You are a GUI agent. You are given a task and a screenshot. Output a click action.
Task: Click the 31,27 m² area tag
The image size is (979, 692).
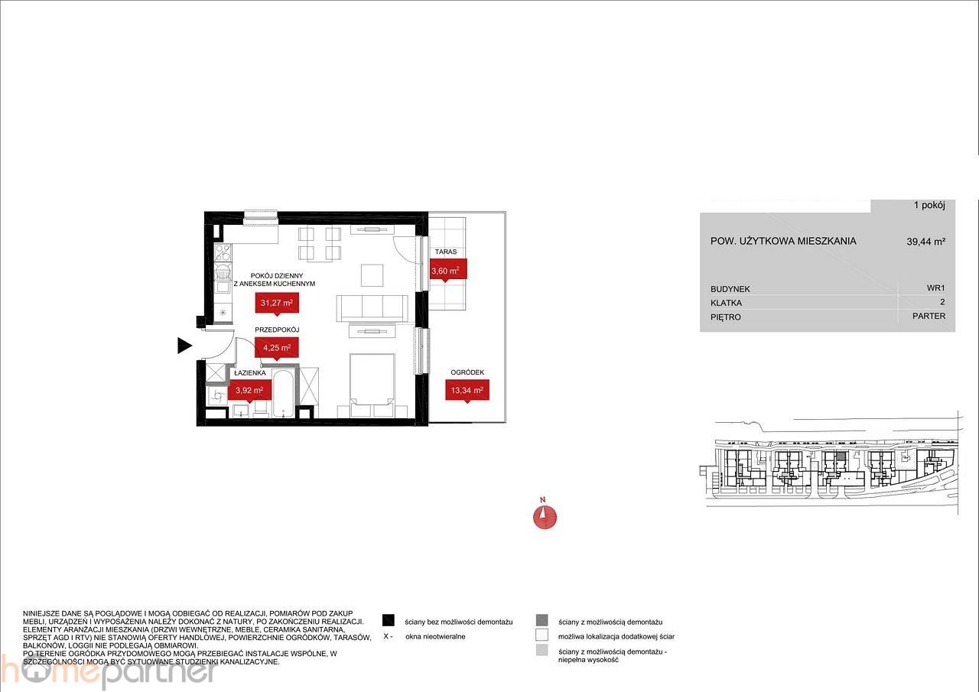point(277,303)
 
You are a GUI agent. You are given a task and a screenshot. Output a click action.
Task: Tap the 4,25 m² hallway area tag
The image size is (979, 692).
point(277,348)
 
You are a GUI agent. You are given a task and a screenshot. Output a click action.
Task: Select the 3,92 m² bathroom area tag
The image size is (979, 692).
point(249,391)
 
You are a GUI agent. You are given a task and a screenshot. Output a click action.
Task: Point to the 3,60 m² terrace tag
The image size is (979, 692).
point(445,271)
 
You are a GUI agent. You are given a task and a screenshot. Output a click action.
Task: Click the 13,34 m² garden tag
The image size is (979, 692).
point(467,390)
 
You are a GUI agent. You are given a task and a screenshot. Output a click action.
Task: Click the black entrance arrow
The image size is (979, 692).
point(184,346)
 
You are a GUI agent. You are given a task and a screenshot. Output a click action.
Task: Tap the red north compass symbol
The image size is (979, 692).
point(545,517)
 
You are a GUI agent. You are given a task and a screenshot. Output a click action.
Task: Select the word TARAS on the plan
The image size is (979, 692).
point(445,252)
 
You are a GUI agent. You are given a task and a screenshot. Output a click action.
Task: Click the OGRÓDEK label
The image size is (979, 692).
point(467,372)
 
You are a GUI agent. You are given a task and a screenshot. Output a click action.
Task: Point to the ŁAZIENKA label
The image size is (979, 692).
point(250,373)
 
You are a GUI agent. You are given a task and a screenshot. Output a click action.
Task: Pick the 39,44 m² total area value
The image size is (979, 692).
point(926,242)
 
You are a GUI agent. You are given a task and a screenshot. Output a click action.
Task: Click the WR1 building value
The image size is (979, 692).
point(935,288)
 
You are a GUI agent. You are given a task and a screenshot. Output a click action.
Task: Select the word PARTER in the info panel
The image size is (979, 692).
point(929,316)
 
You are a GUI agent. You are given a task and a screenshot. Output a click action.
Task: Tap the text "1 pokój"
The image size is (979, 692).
point(929,206)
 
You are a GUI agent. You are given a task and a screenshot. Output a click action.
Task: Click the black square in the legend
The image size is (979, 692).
point(388,620)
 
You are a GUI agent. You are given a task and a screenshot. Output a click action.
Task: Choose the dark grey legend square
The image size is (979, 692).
point(542,620)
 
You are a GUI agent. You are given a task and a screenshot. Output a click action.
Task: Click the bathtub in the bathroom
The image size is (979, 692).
point(285,394)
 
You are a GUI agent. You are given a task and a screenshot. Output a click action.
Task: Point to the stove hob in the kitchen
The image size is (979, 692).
point(223,253)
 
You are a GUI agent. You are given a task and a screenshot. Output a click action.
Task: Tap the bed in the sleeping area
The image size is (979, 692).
point(372,379)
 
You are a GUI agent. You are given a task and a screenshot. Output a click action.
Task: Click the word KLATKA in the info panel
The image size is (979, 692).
point(726,303)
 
